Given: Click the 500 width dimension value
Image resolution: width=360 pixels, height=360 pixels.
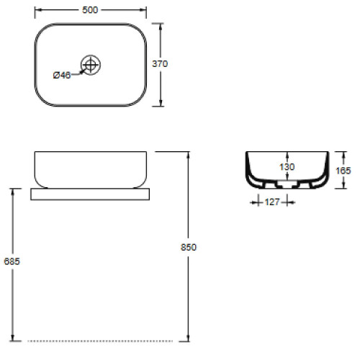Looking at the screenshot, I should tap(90, 10).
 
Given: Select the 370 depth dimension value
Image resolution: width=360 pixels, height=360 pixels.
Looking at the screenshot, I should tap(160, 63).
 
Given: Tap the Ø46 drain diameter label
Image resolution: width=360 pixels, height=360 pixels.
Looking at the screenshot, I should tap(61, 76).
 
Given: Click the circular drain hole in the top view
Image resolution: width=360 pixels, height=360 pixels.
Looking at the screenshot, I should tap(90, 65).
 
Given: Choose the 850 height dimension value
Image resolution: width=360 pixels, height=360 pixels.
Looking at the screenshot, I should tap(189, 247).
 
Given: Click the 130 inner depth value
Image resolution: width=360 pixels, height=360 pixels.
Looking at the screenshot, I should tap(287, 167).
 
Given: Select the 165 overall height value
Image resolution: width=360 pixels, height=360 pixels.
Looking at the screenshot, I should tap(343, 171).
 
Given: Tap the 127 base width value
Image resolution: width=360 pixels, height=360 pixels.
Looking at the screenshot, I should tap(271, 203).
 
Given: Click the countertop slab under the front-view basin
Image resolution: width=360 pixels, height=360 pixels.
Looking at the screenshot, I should tap(90, 194).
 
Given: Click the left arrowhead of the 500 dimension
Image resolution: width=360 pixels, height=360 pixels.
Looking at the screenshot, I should tap(37, 10).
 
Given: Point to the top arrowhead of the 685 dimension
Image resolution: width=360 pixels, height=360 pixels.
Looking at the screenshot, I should tap(12, 192).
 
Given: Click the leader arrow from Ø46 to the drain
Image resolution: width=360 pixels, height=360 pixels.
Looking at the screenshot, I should tap(77, 71).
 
